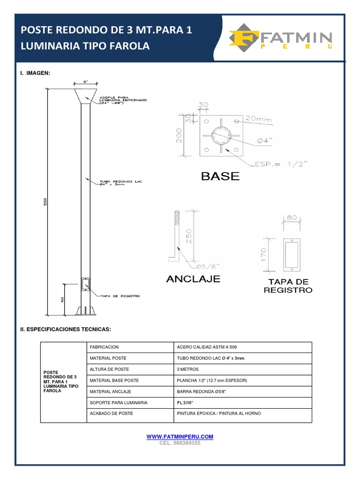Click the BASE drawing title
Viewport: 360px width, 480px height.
point(220,176)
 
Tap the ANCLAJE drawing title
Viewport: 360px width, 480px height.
point(193,279)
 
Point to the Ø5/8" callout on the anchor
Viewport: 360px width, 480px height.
point(207,266)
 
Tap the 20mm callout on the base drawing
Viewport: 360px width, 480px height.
point(258,119)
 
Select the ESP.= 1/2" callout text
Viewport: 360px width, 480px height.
point(280,164)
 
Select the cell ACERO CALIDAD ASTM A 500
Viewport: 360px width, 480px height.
point(204,347)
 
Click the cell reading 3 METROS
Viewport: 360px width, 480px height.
point(187,369)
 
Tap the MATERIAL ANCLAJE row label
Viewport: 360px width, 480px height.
point(110,391)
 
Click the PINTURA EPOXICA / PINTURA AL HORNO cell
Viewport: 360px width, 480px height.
point(218,413)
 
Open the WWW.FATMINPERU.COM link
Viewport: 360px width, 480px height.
point(180,436)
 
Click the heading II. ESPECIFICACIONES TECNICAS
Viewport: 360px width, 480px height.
point(65,330)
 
